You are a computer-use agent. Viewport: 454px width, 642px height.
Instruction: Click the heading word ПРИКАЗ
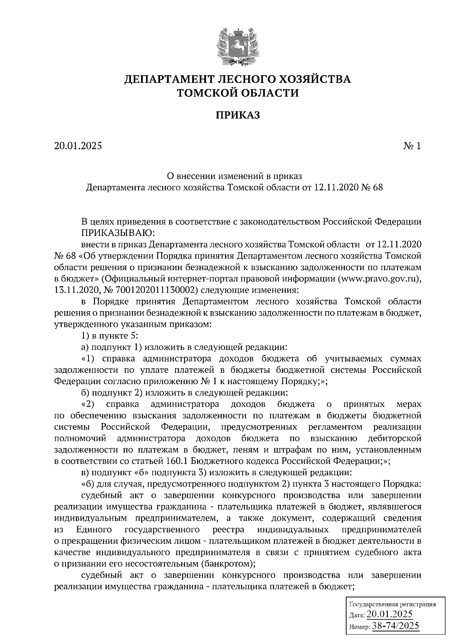click(x=238, y=115)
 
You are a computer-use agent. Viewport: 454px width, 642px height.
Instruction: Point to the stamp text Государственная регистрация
click(x=392, y=604)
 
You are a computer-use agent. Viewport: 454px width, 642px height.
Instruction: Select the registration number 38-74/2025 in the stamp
click(x=396, y=626)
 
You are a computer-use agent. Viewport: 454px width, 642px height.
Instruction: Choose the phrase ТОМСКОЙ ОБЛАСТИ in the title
click(x=238, y=92)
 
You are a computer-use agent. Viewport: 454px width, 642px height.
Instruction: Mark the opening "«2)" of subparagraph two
click(x=88, y=404)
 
